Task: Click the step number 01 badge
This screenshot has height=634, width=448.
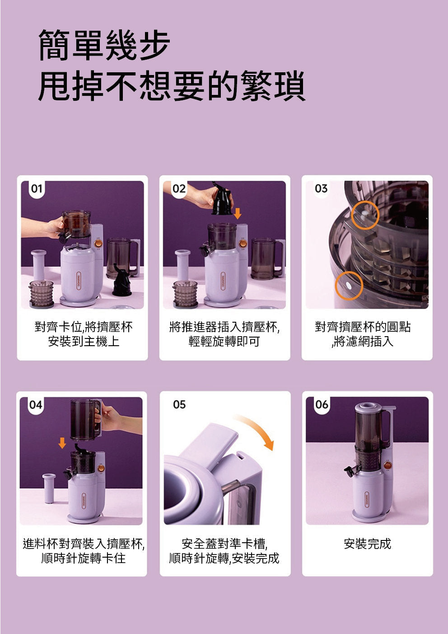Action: (x=37, y=188)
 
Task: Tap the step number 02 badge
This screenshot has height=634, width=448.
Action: (x=179, y=188)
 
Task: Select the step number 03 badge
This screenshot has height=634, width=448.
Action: (x=321, y=188)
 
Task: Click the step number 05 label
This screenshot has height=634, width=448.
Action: (x=179, y=404)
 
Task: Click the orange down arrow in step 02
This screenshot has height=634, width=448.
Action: (x=238, y=213)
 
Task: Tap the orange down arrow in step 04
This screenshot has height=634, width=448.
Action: (x=62, y=443)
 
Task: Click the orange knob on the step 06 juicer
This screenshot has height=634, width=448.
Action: (x=388, y=465)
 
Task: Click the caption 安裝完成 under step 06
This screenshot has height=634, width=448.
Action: (x=367, y=544)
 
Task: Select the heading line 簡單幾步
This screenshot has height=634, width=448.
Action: (x=104, y=45)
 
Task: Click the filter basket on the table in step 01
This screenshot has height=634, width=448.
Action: (x=41, y=294)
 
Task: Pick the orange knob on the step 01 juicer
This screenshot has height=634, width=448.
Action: (x=98, y=243)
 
